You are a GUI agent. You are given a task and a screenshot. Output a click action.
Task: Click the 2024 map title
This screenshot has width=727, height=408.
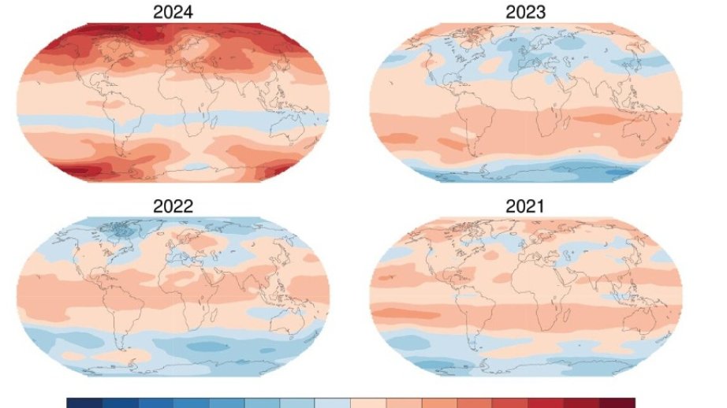click(x=174, y=13)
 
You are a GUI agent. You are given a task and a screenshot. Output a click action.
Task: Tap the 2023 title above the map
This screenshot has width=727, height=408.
click(x=525, y=13)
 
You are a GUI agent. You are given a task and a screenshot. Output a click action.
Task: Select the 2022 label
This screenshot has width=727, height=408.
click(x=174, y=207)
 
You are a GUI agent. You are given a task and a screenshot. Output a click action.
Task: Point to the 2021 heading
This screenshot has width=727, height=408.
click(x=525, y=207)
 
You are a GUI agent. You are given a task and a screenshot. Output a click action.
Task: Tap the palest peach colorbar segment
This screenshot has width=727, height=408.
click(x=368, y=403)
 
